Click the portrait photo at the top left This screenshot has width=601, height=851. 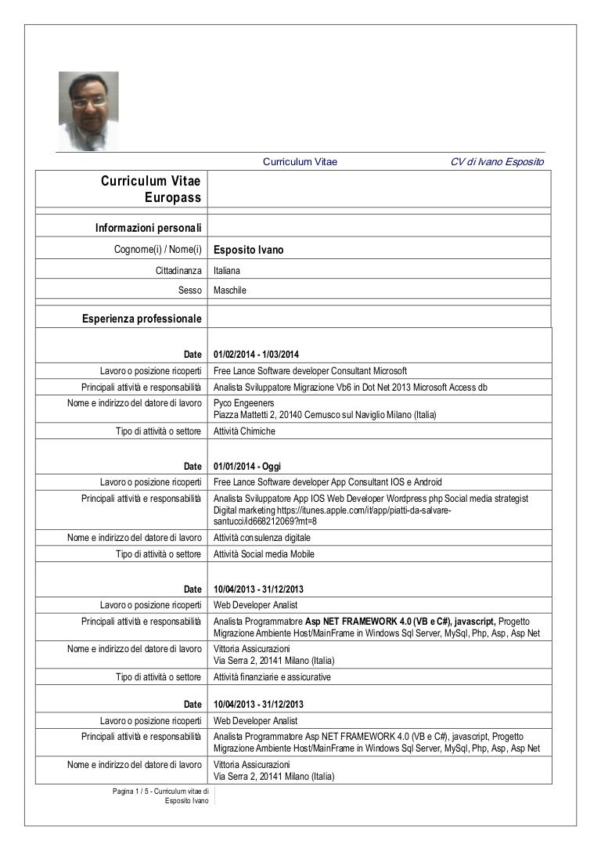tap(88, 110)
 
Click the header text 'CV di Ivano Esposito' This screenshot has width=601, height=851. tap(497, 162)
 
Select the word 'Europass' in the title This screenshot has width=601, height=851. tap(173, 197)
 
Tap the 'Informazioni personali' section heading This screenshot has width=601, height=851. tap(149, 228)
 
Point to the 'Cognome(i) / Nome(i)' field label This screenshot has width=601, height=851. tap(158, 250)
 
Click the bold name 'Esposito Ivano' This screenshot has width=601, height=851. tap(248, 251)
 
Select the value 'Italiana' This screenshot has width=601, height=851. tap(227, 270)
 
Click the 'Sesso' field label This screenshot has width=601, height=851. tap(190, 290)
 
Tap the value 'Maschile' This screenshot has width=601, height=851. tap(229, 290)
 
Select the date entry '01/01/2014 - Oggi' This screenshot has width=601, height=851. tap(247, 467)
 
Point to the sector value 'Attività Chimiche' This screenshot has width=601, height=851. tap(244, 431)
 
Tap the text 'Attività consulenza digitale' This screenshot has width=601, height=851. tap(261, 538)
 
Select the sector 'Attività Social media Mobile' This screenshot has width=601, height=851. tap(264, 554)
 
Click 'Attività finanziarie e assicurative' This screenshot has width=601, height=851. tap(272, 676)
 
